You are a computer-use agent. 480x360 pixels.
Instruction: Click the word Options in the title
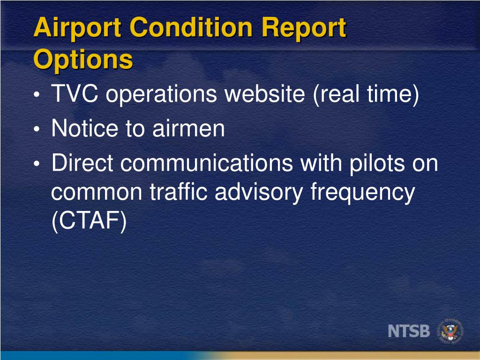83,60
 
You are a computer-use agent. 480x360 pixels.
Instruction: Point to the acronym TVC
75,94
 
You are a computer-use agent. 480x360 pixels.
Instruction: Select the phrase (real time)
365,94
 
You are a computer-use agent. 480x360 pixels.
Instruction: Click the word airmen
188,128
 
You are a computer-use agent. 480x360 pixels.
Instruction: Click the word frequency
363,192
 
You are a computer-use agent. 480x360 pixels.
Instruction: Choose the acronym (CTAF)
89,221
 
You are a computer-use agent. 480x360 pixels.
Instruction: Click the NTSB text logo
409,331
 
